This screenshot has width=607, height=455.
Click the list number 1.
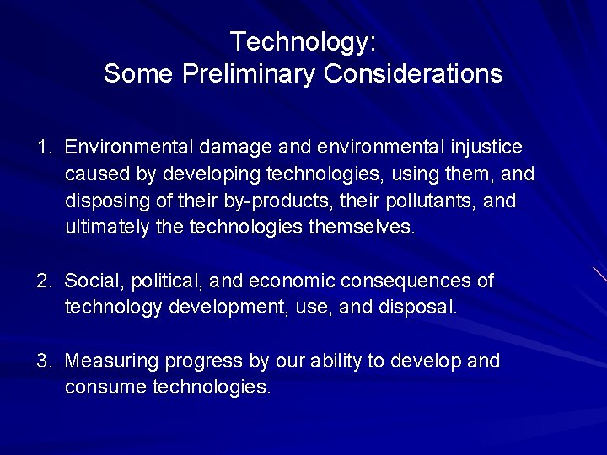[x=44, y=147]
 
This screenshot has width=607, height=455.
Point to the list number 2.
[x=44, y=280]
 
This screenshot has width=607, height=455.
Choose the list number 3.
[x=44, y=361]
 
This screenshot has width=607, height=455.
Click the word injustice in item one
[x=487, y=147]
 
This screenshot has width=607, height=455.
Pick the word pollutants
[x=435, y=201]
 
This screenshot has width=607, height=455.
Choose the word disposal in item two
[x=418, y=307]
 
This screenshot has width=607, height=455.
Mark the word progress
[x=202, y=362]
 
